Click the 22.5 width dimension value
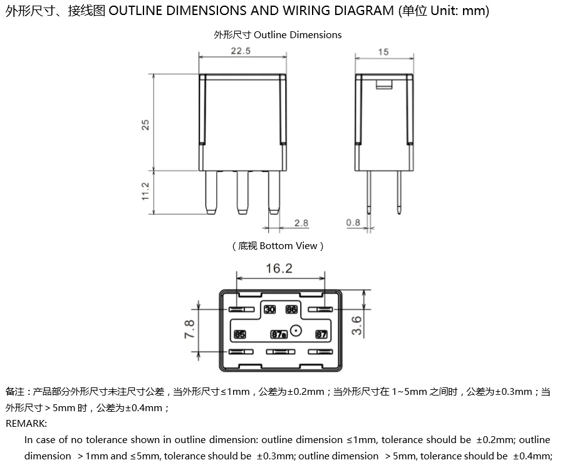[240, 51]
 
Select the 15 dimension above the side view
[383, 52]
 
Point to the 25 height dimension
[145, 125]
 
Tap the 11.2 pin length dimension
[145, 192]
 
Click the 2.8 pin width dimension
[301, 223]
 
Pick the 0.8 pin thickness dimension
[353, 223]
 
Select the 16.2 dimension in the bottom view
[279, 268]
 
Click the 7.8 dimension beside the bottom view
[189, 329]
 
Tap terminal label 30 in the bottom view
[269, 310]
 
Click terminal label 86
[291, 310]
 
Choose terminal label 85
[240, 335]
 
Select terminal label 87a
[279, 335]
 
